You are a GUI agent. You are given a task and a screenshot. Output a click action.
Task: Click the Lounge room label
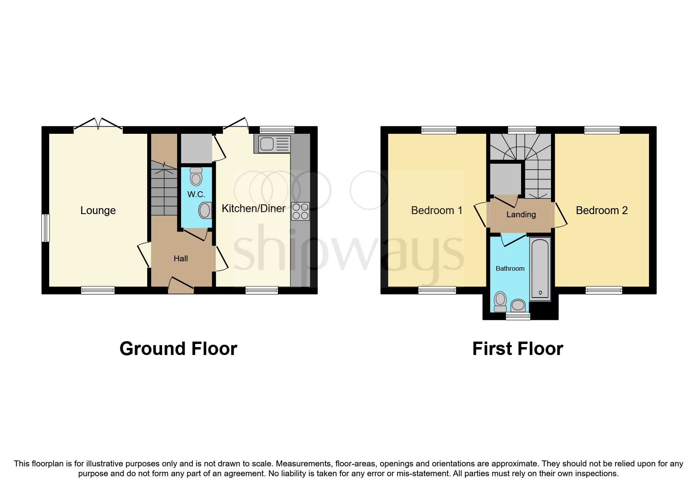point(98,211)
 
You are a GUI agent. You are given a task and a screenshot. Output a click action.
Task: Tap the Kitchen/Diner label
point(253,209)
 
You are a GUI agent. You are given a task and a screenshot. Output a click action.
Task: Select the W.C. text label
point(196,194)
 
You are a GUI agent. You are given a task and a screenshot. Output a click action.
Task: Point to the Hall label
point(181,259)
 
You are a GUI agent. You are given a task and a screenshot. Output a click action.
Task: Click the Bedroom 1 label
point(436,211)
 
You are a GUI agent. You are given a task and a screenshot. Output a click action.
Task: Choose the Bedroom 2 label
point(601,211)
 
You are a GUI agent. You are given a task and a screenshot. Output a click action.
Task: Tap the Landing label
point(521,214)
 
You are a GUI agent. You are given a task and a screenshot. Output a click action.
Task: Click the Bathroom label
point(510,268)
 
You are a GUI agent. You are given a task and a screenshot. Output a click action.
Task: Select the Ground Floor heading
point(178,349)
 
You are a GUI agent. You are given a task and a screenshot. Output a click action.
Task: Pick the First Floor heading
point(518,349)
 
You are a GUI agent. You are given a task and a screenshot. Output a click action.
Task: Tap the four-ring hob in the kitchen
point(300,211)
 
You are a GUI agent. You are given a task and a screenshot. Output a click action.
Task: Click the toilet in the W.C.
point(196,177)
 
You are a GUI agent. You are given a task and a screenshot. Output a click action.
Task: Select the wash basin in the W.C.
point(205,211)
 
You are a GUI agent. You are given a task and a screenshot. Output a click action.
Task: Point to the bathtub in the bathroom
point(540,269)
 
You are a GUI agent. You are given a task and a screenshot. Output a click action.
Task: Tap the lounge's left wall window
point(46,228)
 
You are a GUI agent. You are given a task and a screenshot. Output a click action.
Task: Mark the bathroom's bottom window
point(518,316)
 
